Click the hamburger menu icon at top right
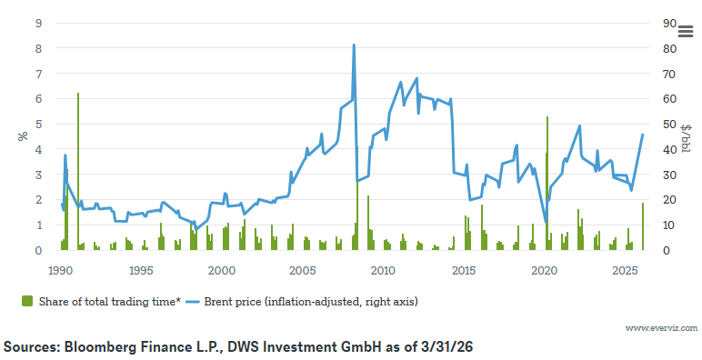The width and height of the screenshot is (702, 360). [686, 31]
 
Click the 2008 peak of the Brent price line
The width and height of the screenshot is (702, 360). [354, 45]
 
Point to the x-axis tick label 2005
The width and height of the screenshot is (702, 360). [303, 271]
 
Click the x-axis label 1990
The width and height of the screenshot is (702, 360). [61, 271]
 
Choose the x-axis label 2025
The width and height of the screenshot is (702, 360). [625, 271]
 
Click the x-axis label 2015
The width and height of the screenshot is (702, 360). [464, 271]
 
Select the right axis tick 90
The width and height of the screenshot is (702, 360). [667, 23]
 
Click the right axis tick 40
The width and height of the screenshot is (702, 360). [667, 149]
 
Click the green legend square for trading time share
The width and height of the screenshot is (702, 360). [25, 300]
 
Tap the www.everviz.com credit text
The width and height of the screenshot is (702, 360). [661, 327]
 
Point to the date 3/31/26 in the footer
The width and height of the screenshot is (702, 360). [446, 347]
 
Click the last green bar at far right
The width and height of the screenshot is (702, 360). [643, 226]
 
